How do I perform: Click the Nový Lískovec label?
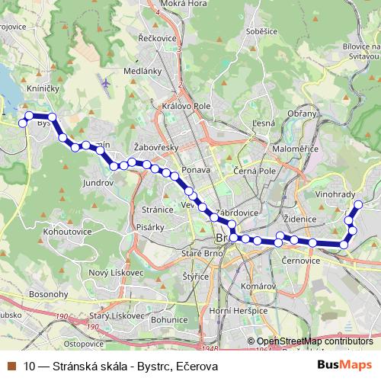(x=117, y=273)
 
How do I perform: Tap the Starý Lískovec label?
(x=117, y=315)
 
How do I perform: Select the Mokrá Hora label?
(x=184, y=4)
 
